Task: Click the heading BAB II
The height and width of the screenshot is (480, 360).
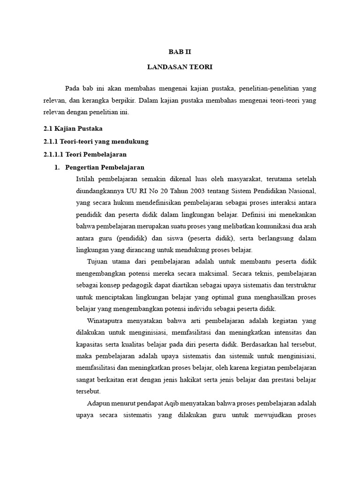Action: click(x=180, y=52)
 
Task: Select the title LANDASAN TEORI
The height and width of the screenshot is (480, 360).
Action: click(x=180, y=67)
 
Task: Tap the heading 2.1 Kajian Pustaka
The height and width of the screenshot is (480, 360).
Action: click(x=73, y=128)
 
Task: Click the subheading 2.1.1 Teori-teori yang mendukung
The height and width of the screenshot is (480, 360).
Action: click(x=96, y=142)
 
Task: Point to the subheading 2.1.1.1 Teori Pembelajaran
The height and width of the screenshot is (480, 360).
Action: click(x=85, y=154)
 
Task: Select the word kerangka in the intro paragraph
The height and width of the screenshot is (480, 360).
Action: click(x=89, y=100)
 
